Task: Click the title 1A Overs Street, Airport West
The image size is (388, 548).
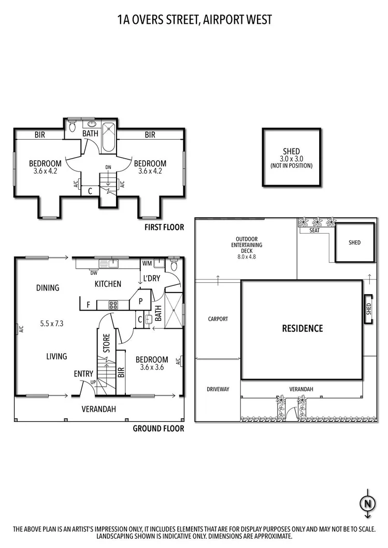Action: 194,20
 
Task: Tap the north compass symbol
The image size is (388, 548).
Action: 367,503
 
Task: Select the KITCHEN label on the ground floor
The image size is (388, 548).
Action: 108,284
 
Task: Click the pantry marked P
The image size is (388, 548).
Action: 140,301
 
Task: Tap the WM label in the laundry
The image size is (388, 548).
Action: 147,264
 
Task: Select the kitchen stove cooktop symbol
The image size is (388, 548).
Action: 114,305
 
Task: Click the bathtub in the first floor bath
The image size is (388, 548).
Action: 108,138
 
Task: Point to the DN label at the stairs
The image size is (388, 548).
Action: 108,167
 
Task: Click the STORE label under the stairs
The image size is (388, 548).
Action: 107,344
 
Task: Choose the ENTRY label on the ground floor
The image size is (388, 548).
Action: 83,374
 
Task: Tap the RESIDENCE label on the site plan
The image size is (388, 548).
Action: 302,328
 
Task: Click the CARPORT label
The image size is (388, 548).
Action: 218,319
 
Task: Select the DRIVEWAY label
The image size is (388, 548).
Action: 218,389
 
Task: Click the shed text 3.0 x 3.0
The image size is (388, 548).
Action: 291,159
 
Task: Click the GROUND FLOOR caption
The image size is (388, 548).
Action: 159,429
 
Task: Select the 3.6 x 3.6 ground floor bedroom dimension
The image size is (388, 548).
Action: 152,368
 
